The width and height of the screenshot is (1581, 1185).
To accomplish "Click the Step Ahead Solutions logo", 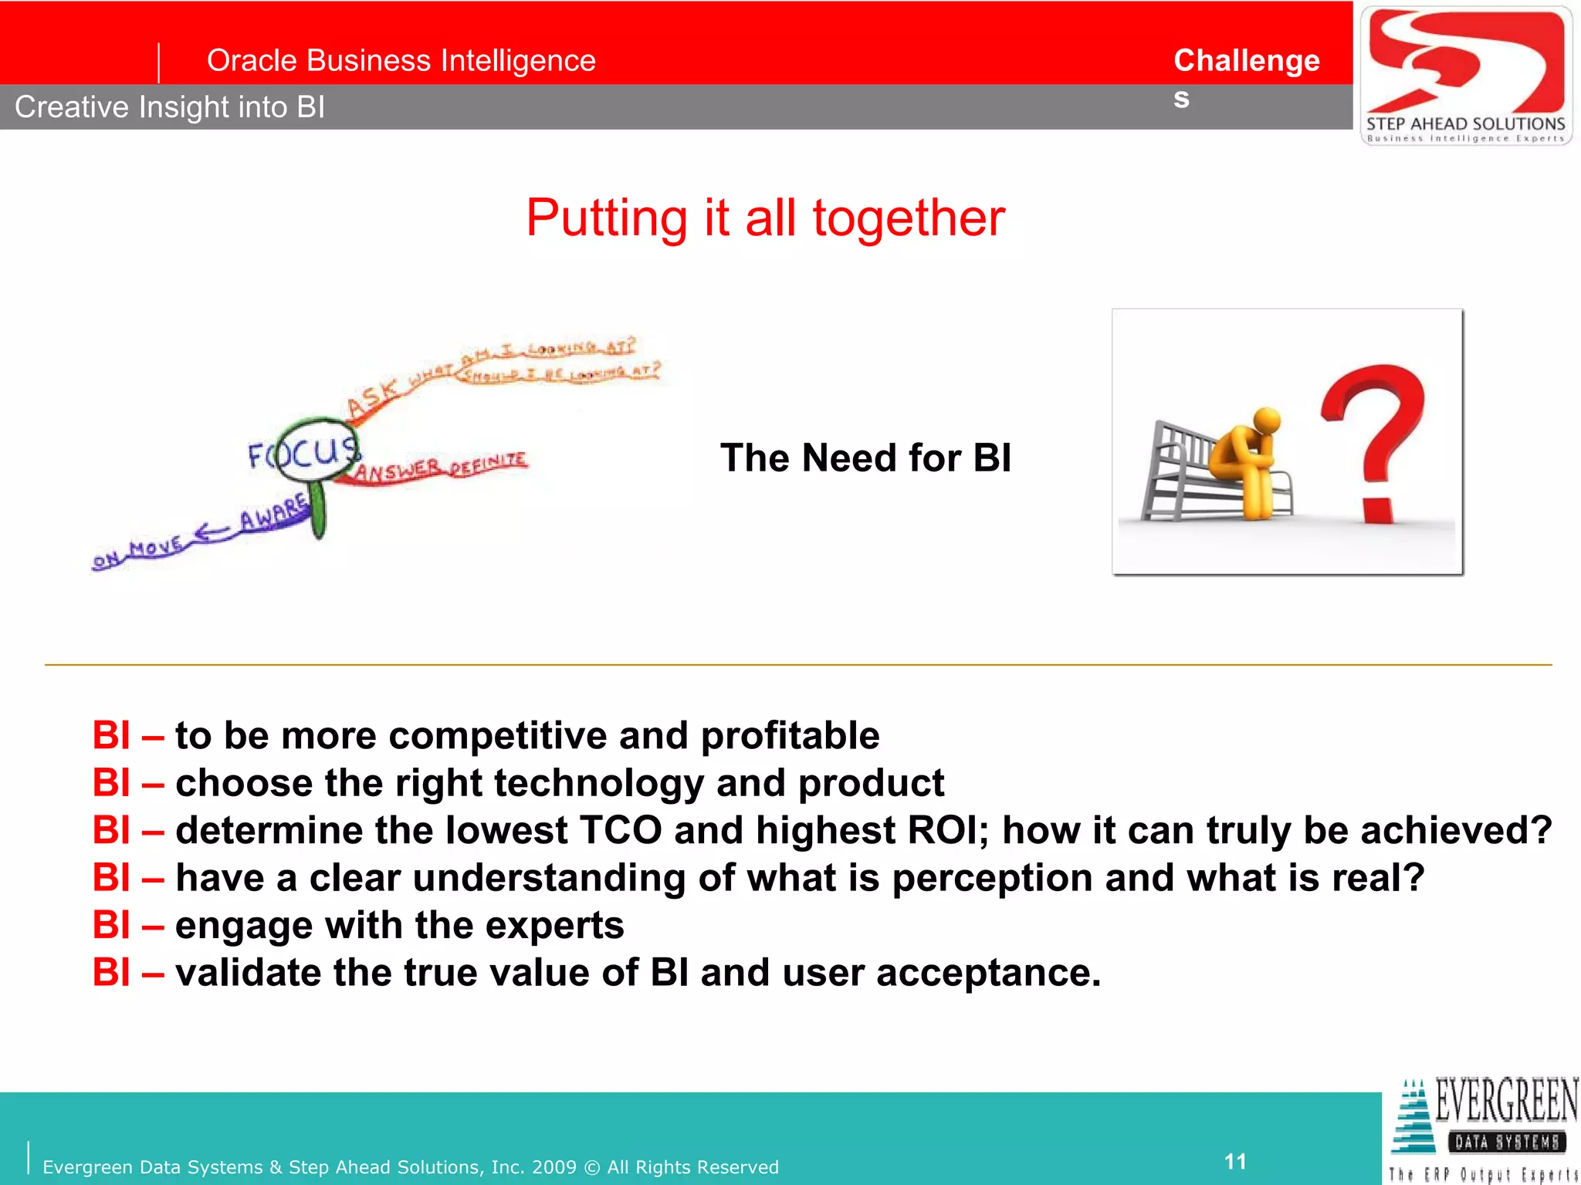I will tap(1465, 75).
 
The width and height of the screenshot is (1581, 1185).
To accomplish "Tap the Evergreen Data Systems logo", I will tap(1484, 1129).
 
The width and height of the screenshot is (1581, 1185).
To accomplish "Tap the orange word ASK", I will tap(373, 397).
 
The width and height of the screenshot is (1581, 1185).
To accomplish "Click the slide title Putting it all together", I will tap(765, 218).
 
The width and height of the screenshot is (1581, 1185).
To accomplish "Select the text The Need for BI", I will tap(865, 457).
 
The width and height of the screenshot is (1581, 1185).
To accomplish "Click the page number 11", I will tap(1235, 1161).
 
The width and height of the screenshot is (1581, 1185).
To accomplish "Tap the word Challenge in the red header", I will tap(1246, 61).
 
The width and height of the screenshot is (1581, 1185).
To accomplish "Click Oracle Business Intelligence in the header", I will tap(401, 61).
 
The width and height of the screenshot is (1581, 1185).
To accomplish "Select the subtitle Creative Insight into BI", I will tap(170, 107).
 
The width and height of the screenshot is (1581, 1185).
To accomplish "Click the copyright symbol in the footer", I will tap(592, 1167).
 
